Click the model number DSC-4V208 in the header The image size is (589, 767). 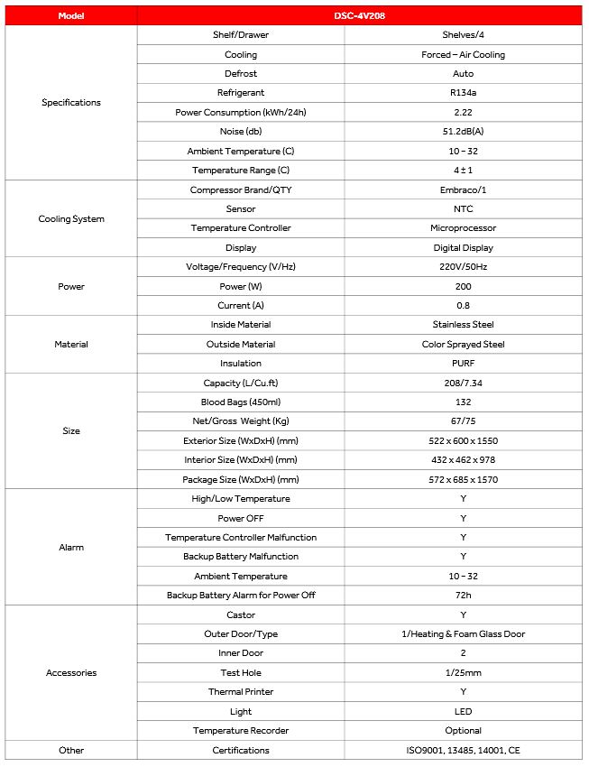click(463, 15)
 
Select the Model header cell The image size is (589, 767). click(71, 15)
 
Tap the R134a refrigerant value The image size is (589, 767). click(463, 93)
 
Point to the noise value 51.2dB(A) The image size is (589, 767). click(463, 132)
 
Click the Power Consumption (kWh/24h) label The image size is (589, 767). click(241, 113)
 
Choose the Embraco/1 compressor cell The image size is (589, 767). click(463, 190)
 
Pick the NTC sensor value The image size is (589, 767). click(463, 209)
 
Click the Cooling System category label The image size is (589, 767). click(71, 219)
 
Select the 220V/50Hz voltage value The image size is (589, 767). click(463, 267)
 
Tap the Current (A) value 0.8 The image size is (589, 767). click(463, 306)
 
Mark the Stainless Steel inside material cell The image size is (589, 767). click(463, 325)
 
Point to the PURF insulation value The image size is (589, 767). click(463, 364)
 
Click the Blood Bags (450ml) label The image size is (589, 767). click(241, 402)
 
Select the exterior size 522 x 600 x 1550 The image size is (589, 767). click(463, 441)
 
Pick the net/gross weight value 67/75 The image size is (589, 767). click(463, 421)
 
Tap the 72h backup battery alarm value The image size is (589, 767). click(463, 596)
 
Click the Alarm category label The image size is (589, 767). click(71, 548)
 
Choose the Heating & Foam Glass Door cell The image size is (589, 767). click(463, 634)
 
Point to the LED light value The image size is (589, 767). click(463, 712)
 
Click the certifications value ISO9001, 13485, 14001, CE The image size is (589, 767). click(463, 751)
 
